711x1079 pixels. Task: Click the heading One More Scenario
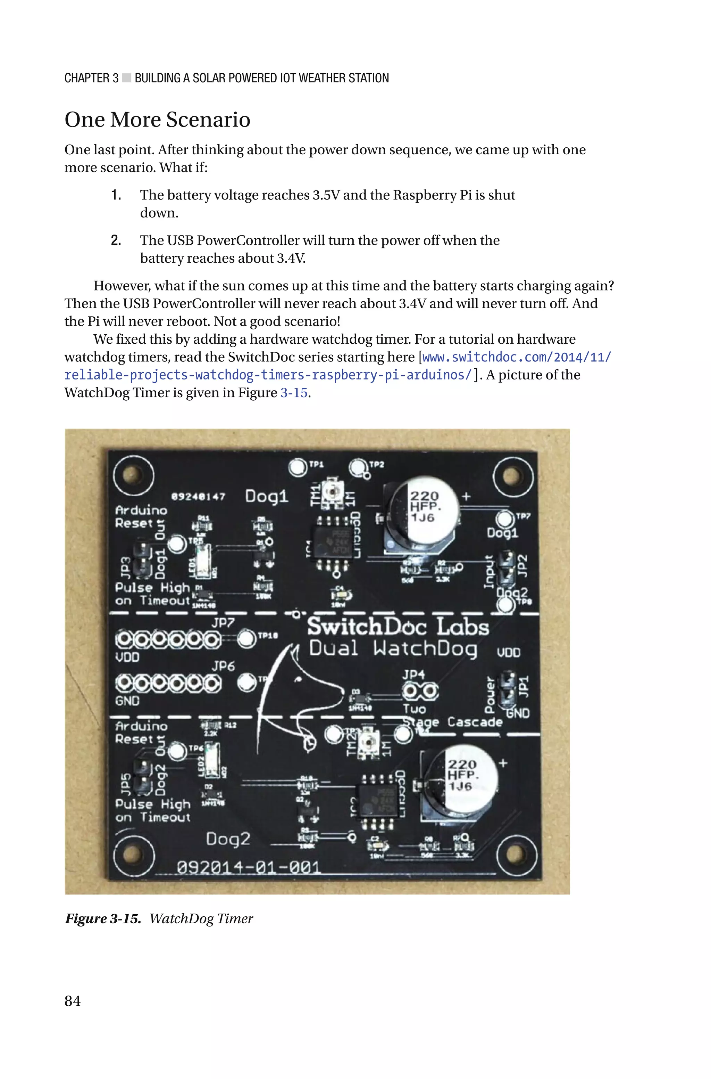157,120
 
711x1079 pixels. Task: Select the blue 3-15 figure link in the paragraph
294,392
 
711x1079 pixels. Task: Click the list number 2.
116,240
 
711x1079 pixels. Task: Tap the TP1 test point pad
298,467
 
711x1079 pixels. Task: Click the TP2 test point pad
358,467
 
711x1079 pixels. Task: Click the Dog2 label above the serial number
228,839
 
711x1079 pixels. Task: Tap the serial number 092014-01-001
249,867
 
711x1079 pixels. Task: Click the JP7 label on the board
222,622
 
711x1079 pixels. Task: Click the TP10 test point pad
246,638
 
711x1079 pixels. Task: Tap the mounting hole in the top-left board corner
133,475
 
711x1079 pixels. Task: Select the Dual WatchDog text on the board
392,649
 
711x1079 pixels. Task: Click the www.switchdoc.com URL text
517,357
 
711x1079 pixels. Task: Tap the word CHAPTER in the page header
86,79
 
